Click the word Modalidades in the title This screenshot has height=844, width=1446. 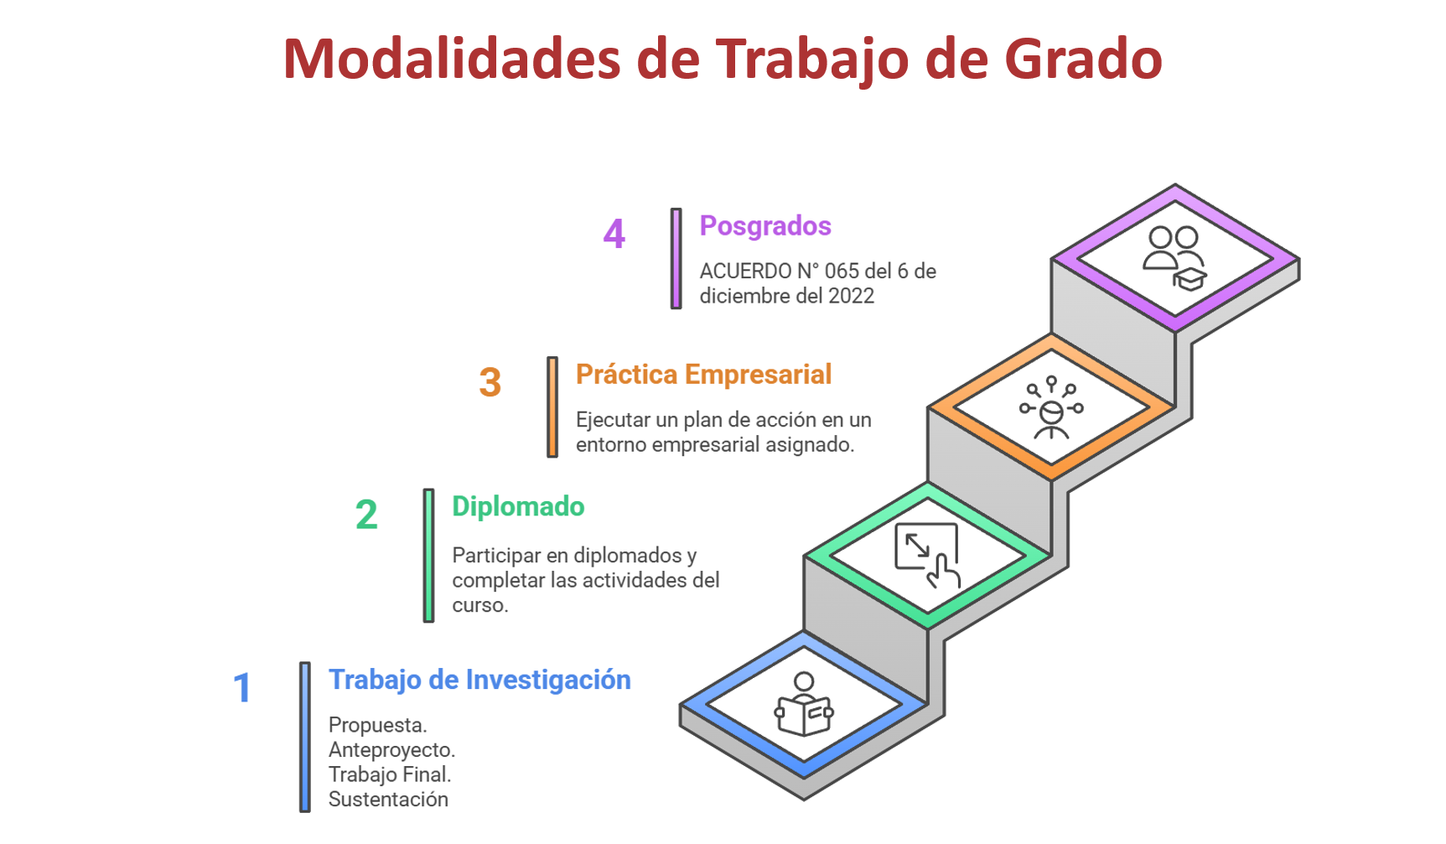click(x=452, y=59)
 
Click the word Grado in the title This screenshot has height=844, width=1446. click(x=1083, y=59)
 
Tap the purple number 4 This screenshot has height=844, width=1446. click(x=614, y=234)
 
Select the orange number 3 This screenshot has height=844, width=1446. click(x=490, y=382)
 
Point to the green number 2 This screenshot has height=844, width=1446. click(x=366, y=515)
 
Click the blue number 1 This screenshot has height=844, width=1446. click(x=242, y=688)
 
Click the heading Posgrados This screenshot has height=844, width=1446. click(x=765, y=226)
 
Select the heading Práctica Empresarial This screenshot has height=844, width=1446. click(x=703, y=375)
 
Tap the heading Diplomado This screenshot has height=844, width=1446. click(x=518, y=507)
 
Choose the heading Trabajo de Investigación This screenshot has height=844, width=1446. click(x=479, y=680)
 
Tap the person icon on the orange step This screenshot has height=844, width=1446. click(x=1051, y=408)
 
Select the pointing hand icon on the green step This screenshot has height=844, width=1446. click(x=928, y=556)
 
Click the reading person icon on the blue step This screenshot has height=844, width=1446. click(x=804, y=705)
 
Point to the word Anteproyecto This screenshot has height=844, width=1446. click(x=391, y=750)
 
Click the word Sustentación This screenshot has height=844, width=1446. click(x=388, y=800)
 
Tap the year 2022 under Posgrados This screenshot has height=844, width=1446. click(x=852, y=296)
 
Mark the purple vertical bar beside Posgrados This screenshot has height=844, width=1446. click(x=676, y=259)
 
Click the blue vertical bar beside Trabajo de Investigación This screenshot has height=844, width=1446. click(x=305, y=738)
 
